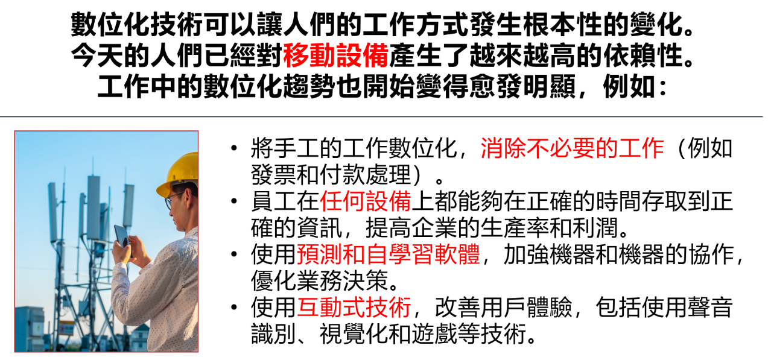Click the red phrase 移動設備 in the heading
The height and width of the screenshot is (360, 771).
click(335, 55)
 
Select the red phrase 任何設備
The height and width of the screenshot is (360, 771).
click(366, 201)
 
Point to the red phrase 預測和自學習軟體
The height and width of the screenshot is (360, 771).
click(389, 254)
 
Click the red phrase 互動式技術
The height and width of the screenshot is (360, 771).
click(354, 308)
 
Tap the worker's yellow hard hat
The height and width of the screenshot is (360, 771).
click(178, 174)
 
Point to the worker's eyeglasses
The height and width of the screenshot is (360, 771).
click(173, 200)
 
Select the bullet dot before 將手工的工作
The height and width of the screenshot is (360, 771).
click(235, 148)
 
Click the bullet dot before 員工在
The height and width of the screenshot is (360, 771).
click(235, 201)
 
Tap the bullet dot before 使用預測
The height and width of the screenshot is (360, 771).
click(235, 254)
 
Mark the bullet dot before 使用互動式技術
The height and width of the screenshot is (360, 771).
click(235, 307)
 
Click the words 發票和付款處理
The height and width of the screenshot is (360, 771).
click(331, 175)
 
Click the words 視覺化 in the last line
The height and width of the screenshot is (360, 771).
click(354, 334)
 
